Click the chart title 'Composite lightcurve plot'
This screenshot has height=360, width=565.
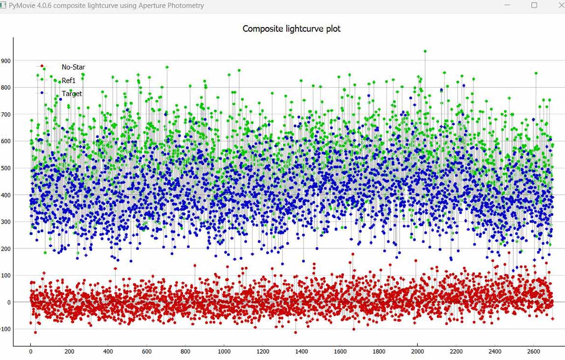pyautogui.click(x=291, y=28)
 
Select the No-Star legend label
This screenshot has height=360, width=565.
pyautogui.click(x=73, y=67)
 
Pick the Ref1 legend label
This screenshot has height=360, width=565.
pyautogui.click(x=69, y=80)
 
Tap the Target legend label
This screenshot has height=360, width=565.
pyautogui.click(x=72, y=93)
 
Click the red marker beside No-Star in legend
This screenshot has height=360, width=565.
pyautogui.click(x=42, y=66)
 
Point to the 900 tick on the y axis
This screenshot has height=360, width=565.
pyautogui.click(x=6, y=61)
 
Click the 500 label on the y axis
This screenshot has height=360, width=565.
pyautogui.click(x=6, y=168)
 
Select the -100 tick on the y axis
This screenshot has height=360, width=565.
pyautogui.click(x=5, y=329)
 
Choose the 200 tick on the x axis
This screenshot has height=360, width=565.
pyautogui.click(x=69, y=352)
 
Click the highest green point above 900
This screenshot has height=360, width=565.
pyautogui.click(x=425, y=51)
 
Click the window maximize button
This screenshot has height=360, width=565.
pyautogui.click(x=534, y=5)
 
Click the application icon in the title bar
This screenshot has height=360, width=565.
pyautogui.click(x=3, y=6)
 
